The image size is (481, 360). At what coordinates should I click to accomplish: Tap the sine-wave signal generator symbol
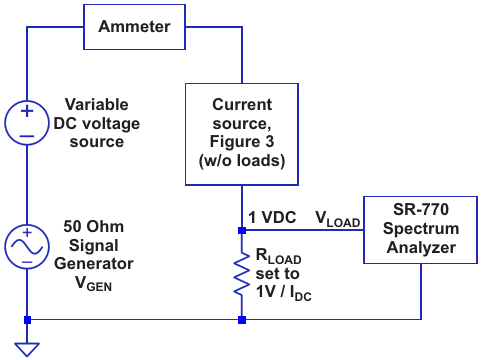pyautogui.click(x=27, y=247)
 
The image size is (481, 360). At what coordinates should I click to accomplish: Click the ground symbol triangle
pyautogui.click(x=27, y=349)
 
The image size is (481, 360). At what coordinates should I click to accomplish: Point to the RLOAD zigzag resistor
pyautogui.click(x=242, y=274)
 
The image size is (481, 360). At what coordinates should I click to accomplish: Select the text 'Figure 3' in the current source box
pyautogui.click(x=242, y=142)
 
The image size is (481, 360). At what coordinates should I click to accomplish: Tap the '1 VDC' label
pyautogui.click(x=272, y=218)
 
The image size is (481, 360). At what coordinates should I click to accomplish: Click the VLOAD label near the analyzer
pyautogui.click(x=338, y=219)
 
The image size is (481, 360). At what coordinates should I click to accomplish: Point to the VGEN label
pyautogui.click(x=93, y=284)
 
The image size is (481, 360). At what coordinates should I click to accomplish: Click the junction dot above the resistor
pyautogui.click(x=242, y=230)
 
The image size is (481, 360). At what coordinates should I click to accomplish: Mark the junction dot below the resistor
pyautogui.click(x=242, y=320)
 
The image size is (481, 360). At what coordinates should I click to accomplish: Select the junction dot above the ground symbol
pyautogui.click(x=27, y=320)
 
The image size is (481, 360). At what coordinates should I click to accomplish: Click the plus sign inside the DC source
pyautogui.click(x=27, y=111)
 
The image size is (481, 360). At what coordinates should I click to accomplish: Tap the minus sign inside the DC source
pyautogui.click(x=27, y=136)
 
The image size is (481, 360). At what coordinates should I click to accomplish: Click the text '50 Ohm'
pyautogui.click(x=94, y=227)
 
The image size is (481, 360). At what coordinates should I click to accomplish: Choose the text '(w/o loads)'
pyautogui.click(x=242, y=161)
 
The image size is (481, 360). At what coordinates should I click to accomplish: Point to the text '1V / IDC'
pyautogui.click(x=284, y=292)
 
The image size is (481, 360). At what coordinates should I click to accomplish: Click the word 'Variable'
pyautogui.click(x=97, y=104)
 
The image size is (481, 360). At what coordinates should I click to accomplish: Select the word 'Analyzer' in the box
pyautogui.click(x=421, y=248)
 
